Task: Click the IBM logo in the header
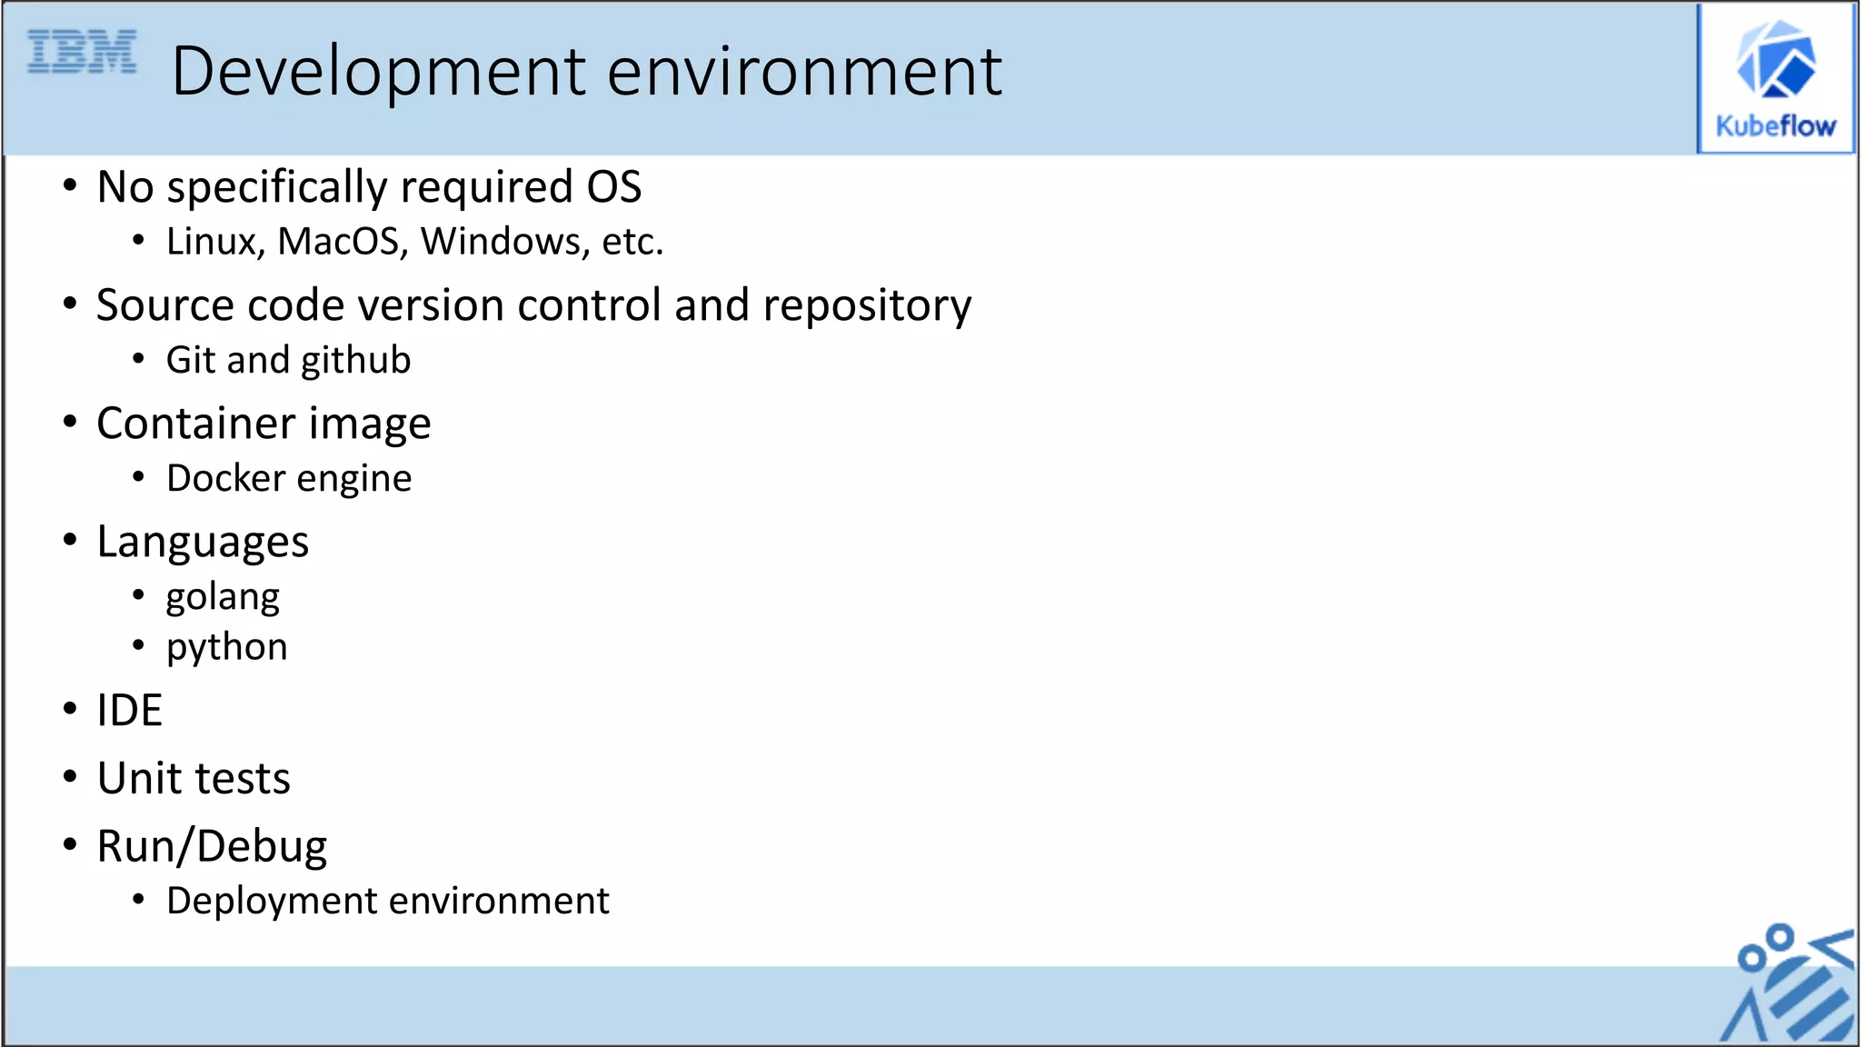pyautogui.click(x=82, y=52)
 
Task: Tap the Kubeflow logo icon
pyautogui.click(x=1776, y=60)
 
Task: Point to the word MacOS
pyautogui.click(x=338, y=242)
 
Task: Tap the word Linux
pyautogui.click(x=215, y=242)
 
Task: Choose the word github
pyautogui.click(x=355, y=361)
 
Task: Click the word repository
pyautogui.click(x=867, y=305)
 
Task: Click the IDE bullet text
pyautogui.click(x=130, y=711)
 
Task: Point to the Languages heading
pyautogui.click(x=203, y=543)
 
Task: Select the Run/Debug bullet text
pyautogui.click(x=212, y=847)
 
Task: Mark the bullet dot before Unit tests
pyautogui.click(x=70, y=777)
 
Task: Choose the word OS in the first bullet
pyautogui.click(x=614, y=187)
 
